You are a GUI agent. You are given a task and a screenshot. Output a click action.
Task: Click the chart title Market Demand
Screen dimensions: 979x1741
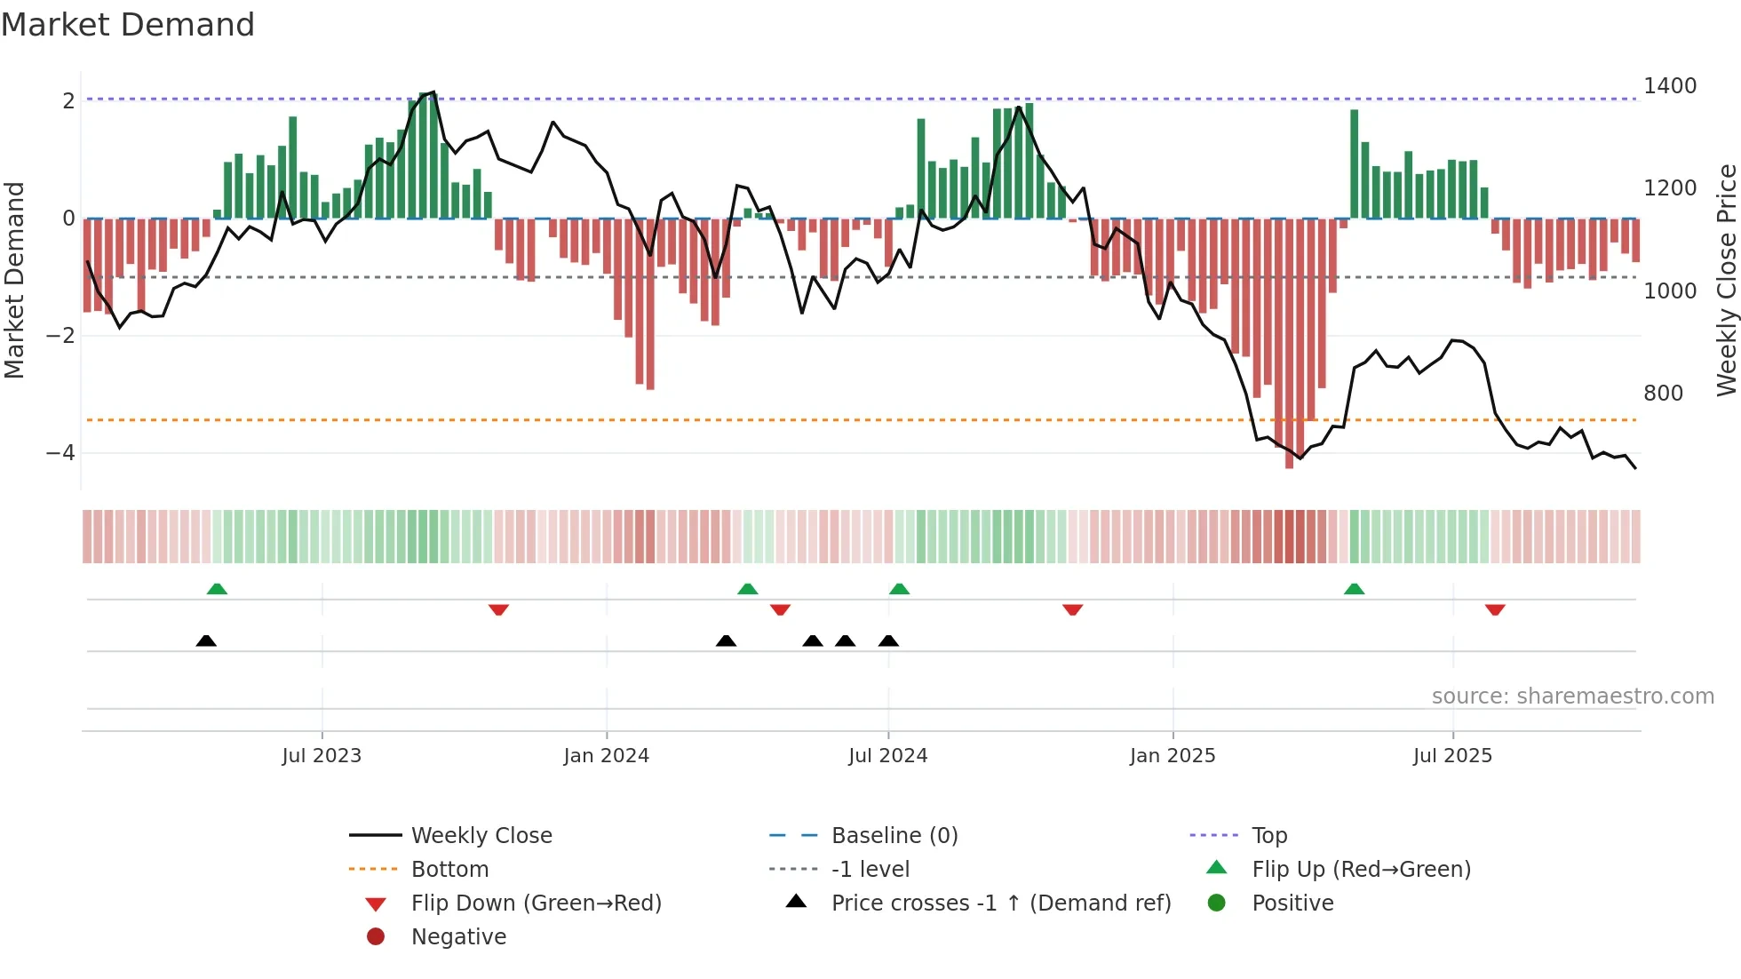[128, 25]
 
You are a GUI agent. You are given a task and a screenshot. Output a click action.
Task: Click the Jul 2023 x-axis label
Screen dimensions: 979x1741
[322, 756]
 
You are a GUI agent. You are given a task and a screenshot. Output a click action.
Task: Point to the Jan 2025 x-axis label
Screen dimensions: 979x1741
[1173, 756]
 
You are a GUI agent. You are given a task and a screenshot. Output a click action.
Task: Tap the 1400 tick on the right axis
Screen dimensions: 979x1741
[1670, 86]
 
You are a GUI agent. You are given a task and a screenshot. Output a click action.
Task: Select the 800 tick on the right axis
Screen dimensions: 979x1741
[1663, 394]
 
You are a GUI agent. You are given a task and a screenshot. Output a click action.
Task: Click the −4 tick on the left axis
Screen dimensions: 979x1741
[60, 453]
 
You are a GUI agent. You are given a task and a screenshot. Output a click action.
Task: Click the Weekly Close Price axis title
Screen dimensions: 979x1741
[1726, 280]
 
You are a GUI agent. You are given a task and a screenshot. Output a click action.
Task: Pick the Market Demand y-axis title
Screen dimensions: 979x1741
[15, 280]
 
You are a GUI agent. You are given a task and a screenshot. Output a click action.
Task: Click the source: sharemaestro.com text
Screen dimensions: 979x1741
[1572, 696]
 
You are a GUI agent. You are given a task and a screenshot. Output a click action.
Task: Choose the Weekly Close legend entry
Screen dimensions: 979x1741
[481, 836]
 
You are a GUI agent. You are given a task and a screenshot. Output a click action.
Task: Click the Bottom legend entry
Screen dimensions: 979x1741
[449, 870]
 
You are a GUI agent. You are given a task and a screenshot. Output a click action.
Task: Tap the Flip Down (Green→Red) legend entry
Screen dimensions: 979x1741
[536, 903]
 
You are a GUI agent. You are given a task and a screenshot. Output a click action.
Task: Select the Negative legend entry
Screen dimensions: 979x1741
[458, 937]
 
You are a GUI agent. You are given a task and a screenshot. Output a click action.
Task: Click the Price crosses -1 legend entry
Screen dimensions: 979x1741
[1000, 903]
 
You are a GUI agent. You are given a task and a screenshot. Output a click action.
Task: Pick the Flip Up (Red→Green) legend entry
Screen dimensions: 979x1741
[1361, 870]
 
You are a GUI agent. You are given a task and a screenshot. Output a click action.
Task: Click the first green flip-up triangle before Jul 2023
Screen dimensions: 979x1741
[217, 589]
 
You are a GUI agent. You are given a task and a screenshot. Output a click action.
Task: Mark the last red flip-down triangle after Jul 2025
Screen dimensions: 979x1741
[1495, 609]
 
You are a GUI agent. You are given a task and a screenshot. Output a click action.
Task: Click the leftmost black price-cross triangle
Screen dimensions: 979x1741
[206, 641]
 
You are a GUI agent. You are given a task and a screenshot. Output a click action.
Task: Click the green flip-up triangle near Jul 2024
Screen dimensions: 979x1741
[899, 589]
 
